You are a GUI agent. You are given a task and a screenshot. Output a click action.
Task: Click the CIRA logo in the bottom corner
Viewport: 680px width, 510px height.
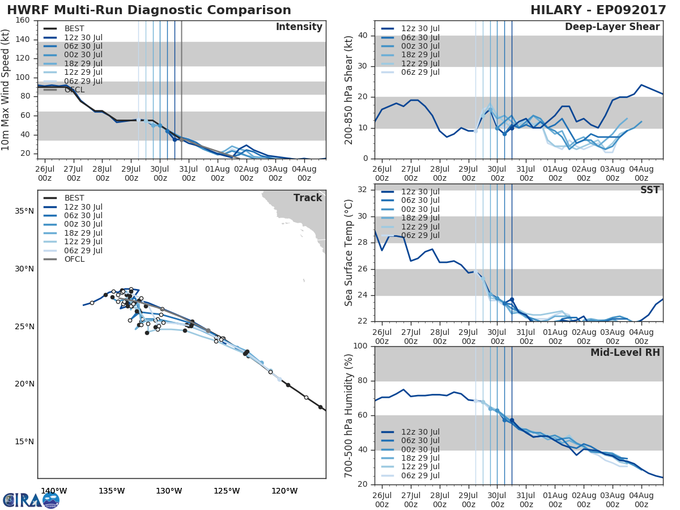tap(31, 500)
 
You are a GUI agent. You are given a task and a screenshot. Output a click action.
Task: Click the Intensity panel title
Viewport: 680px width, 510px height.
tap(299, 27)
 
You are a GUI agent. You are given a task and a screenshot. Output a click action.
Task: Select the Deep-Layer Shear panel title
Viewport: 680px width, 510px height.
tap(612, 27)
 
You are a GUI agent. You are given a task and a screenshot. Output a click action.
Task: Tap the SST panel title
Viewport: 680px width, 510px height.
tap(649, 190)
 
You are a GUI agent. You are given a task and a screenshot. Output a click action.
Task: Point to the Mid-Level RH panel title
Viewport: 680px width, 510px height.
tap(625, 352)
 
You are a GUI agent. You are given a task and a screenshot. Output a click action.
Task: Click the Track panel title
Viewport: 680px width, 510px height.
tap(308, 198)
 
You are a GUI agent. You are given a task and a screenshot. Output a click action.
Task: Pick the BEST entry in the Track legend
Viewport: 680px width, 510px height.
tap(74, 198)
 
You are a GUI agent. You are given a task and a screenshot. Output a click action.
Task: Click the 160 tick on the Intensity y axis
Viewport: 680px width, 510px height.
tap(23, 20)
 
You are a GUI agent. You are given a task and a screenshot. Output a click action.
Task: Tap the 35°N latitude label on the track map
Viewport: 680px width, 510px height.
tap(24, 211)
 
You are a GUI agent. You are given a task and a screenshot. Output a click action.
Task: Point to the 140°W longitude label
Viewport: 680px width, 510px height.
tap(54, 491)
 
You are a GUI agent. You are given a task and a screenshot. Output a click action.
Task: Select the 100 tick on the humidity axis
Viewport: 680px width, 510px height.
tap(359, 346)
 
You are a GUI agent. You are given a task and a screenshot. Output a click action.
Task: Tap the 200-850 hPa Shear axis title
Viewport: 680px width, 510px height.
tap(349, 90)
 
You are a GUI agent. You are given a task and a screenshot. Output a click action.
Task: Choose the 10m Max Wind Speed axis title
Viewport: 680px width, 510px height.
tap(6, 90)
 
